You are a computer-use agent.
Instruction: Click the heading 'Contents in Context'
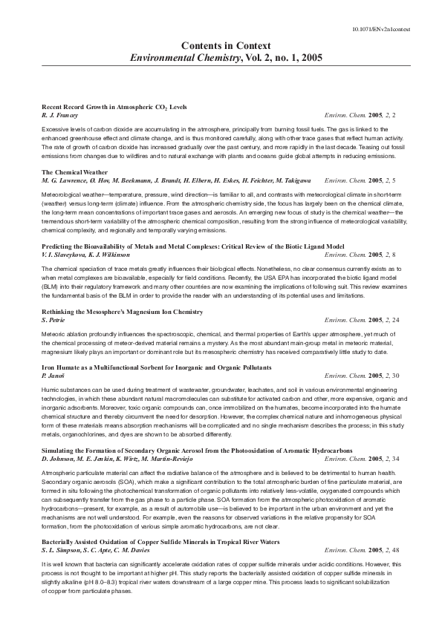pyautogui.click(x=221, y=45)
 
